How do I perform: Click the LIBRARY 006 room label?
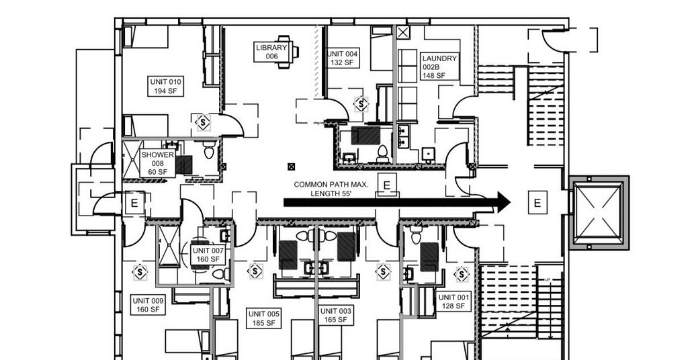[271, 52]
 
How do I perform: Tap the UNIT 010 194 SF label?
[165, 87]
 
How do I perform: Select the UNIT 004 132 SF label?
[343, 58]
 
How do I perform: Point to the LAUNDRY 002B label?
[440, 67]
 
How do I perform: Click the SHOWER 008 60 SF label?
[157, 164]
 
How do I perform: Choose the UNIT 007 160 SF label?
[208, 255]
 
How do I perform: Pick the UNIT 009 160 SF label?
[148, 305]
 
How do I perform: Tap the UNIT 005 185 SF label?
[263, 318]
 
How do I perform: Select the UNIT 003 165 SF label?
[336, 315]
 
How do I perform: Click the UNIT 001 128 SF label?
[454, 302]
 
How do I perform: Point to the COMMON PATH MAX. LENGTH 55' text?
[331, 189]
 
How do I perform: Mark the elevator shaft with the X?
[599, 213]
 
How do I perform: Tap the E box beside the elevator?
[537, 203]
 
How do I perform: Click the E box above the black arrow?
[386, 185]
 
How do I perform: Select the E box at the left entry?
[134, 203]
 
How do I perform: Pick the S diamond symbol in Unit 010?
[203, 122]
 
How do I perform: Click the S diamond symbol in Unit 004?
[361, 104]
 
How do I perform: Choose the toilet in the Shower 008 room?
[209, 150]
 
